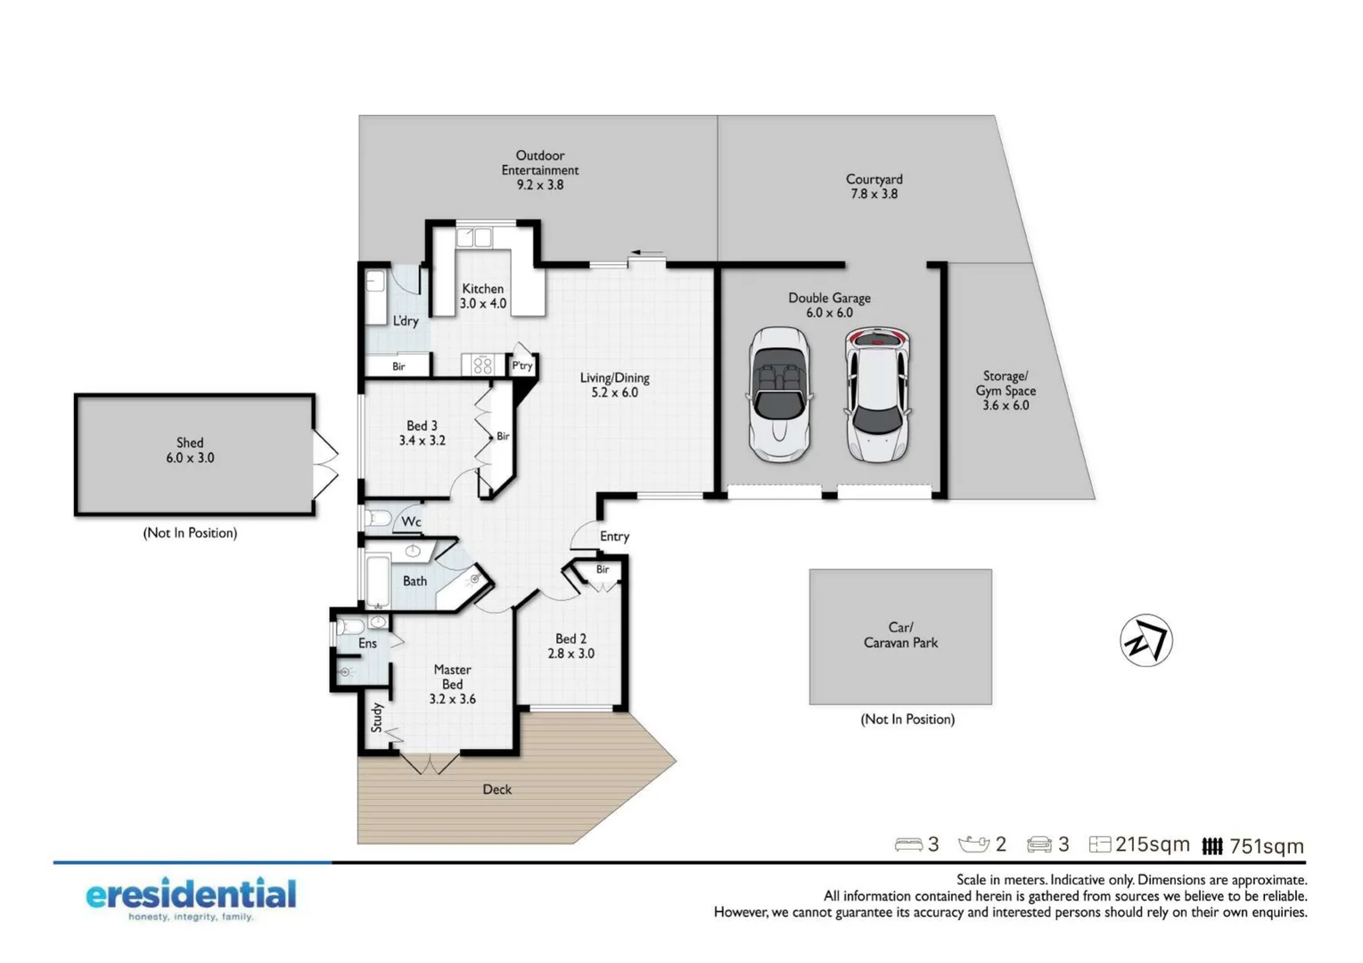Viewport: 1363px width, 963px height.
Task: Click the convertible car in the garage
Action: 779,394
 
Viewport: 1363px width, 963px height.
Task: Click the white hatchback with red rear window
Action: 877,394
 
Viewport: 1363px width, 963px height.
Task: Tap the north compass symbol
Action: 1145,640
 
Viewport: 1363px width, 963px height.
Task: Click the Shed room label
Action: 190,450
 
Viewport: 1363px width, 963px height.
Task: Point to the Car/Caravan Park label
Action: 900,635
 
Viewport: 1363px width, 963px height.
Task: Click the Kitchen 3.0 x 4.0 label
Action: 482,296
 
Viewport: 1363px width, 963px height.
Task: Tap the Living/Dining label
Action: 614,384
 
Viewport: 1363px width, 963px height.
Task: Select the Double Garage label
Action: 829,305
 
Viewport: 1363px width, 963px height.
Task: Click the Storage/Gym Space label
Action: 1006,391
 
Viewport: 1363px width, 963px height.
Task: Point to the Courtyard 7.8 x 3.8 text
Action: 874,186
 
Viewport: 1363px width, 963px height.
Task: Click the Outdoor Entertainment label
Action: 539,169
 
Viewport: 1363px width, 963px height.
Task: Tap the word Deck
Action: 497,789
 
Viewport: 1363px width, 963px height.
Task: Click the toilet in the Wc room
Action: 378,518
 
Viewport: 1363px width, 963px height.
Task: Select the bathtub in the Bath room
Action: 378,581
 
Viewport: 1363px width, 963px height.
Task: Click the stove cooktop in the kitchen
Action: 482,365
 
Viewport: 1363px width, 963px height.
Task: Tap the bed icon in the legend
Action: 907,844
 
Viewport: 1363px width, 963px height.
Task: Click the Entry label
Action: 614,536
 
